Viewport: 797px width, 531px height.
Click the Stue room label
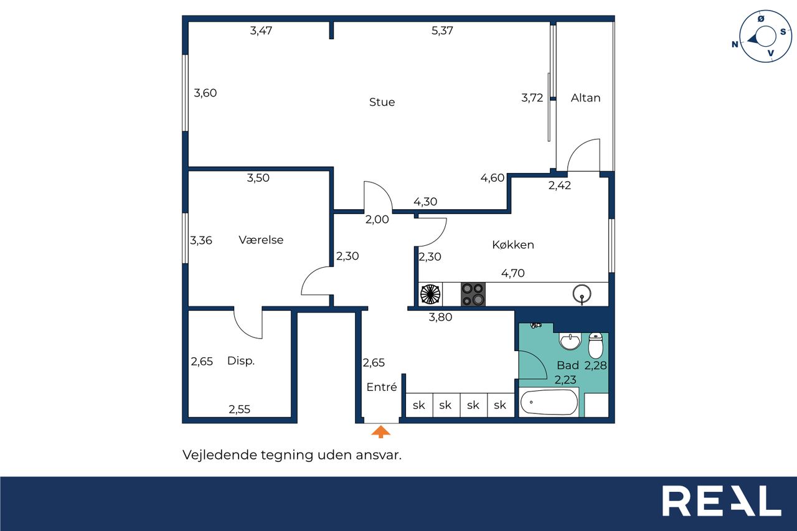coord(382,102)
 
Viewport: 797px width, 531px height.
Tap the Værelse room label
coord(261,240)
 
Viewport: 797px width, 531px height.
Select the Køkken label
coord(513,245)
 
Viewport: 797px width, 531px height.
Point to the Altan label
coord(585,98)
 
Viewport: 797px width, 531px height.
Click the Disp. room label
coord(241,360)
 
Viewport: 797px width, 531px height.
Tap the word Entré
coord(382,387)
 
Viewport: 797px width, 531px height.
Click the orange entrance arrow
coord(380,431)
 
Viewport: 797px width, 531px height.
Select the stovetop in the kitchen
coord(473,294)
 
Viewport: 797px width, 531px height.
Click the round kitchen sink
coord(582,294)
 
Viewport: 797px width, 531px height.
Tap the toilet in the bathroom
coord(596,345)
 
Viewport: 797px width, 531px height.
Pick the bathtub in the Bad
coord(549,402)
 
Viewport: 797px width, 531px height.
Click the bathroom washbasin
coord(570,341)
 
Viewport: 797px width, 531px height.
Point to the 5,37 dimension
coord(442,31)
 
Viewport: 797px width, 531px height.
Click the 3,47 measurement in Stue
coord(261,31)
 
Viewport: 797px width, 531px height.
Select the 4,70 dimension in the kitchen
coord(512,273)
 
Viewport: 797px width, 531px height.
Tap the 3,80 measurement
coord(440,317)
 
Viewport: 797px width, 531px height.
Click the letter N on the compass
coord(735,44)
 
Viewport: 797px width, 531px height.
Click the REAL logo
coord(722,500)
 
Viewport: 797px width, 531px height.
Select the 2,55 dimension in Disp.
coord(239,410)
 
